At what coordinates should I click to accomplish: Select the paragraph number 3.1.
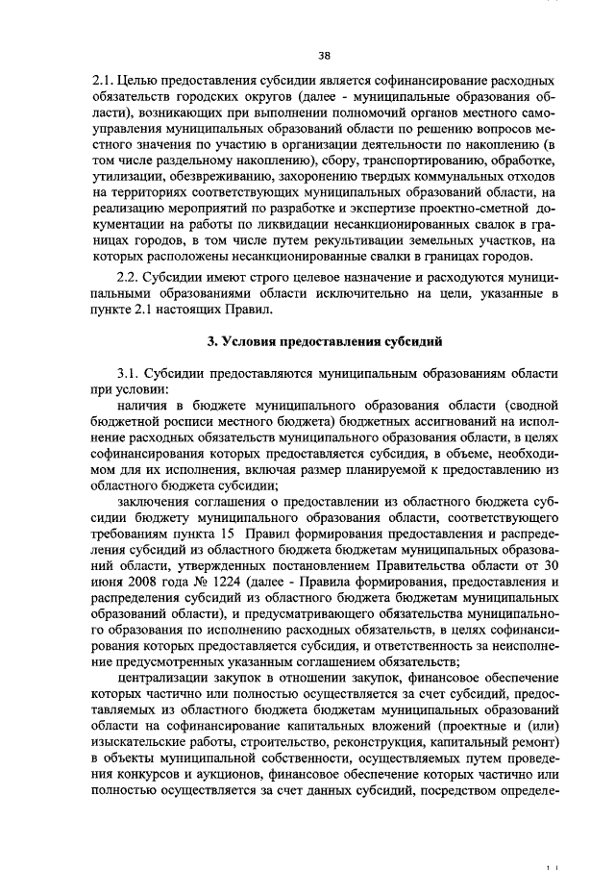click(x=129, y=372)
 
